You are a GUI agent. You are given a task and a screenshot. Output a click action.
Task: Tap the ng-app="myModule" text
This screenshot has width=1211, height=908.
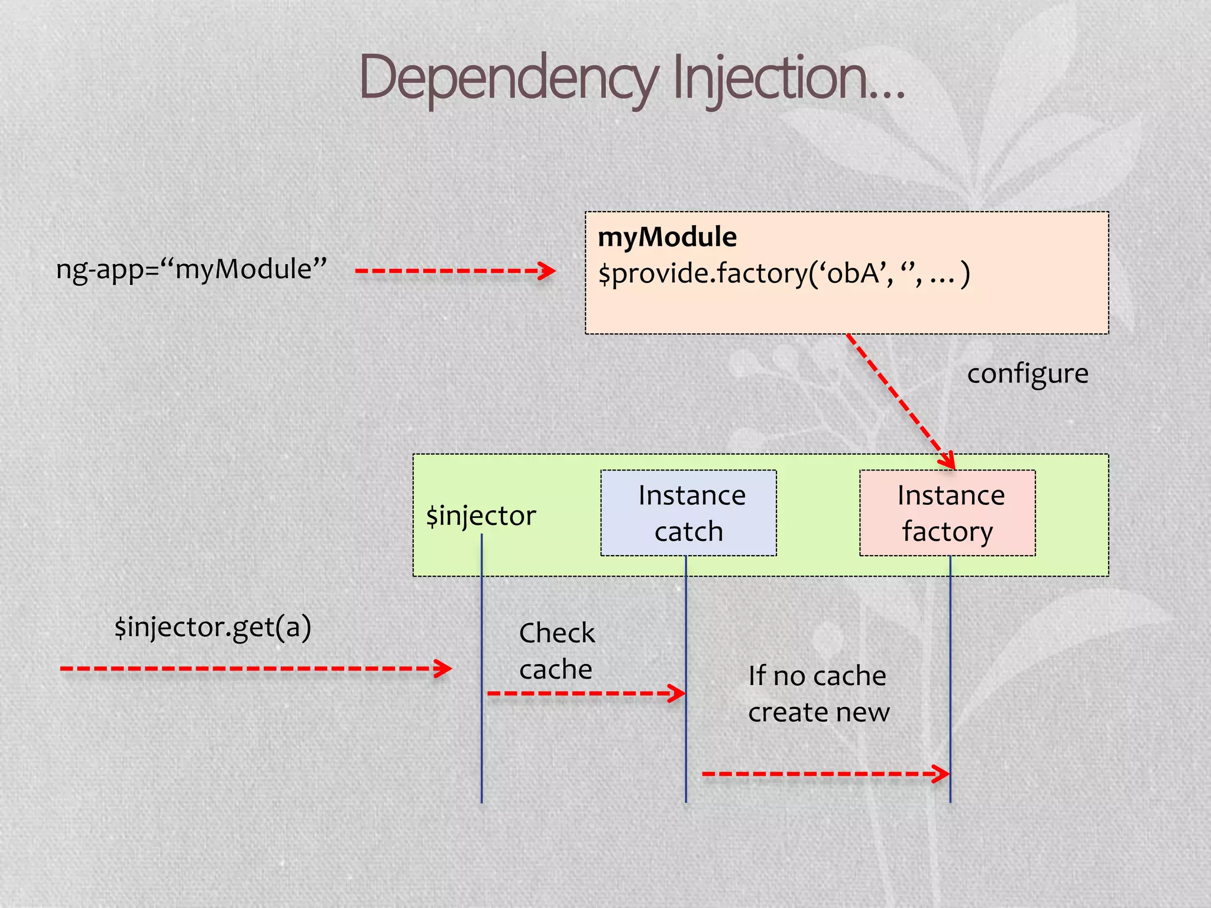point(191,270)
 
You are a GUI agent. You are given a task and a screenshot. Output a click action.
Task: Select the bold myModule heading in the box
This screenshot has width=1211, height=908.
point(667,237)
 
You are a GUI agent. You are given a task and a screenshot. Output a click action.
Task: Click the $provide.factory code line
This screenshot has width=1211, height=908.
point(783,274)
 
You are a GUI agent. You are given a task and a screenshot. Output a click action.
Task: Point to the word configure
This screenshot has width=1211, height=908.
point(1027,374)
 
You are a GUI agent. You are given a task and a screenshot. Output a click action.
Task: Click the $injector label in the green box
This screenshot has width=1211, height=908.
point(481,515)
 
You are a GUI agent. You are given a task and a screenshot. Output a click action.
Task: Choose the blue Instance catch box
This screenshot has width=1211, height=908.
point(688,513)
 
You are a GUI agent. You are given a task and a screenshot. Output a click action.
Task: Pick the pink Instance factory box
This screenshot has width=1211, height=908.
point(947,513)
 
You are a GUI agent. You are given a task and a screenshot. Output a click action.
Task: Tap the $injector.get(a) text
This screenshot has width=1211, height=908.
point(213,627)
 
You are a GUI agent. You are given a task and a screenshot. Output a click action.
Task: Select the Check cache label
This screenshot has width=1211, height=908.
point(556,651)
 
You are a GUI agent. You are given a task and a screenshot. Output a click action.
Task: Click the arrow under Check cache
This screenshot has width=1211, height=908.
point(585,693)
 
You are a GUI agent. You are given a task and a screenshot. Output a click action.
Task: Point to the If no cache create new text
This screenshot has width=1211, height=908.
point(818,693)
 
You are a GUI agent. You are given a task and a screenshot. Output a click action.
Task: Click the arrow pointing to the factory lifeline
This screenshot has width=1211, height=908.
point(825,773)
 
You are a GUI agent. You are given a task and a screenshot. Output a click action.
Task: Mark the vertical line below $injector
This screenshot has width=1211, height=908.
point(481,739)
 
